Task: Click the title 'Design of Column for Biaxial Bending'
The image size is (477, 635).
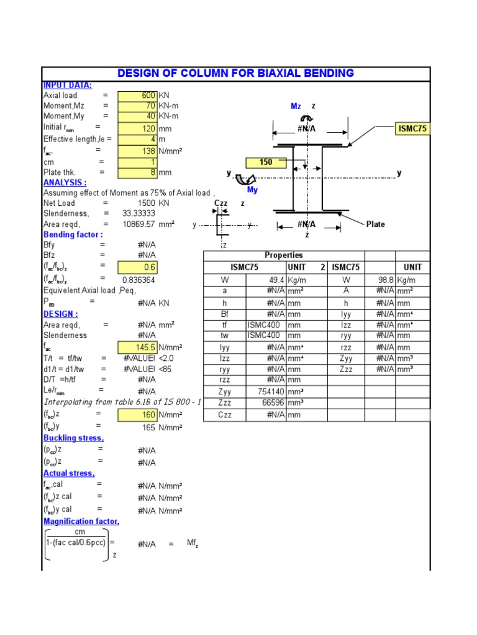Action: pyautogui.click(x=235, y=73)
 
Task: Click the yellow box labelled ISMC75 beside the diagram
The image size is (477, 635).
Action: pyautogui.click(x=412, y=129)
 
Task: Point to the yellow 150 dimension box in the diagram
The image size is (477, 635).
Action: pyautogui.click(x=266, y=163)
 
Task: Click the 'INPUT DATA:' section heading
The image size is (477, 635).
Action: pyautogui.click(x=68, y=85)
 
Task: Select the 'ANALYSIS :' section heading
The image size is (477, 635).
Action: pyautogui.click(x=65, y=183)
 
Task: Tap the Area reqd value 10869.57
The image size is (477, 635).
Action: pyautogui.click(x=140, y=224)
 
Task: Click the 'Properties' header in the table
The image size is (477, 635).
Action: pyautogui.click(x=284, y=255)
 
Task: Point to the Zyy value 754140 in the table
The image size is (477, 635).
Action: pyautogui.click(x=267, y=391)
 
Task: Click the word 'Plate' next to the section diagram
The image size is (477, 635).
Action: pyautogui.click(x=376, y=224)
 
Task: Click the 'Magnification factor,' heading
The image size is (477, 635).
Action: pyautogui.click(x=81, y=522)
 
